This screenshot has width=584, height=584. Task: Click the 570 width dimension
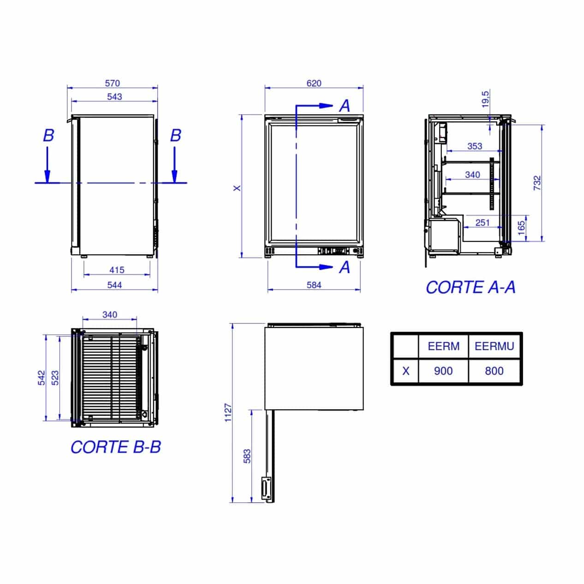[x=113, y=83]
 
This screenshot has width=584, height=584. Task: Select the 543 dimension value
[x=114, y=97]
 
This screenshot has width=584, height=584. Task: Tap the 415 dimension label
[x=117, y=270]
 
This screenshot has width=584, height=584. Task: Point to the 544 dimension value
[x=114, y=285]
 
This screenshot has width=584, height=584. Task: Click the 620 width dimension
[x=314, y=83]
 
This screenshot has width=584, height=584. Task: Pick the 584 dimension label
[x=314, y=285]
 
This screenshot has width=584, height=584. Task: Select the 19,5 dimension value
[x=485, y=99]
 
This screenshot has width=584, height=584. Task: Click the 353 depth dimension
[x=475, y=146]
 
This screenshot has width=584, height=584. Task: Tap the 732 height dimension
[x=537, y=183]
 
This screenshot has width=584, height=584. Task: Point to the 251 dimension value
[x=483, y=223]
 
